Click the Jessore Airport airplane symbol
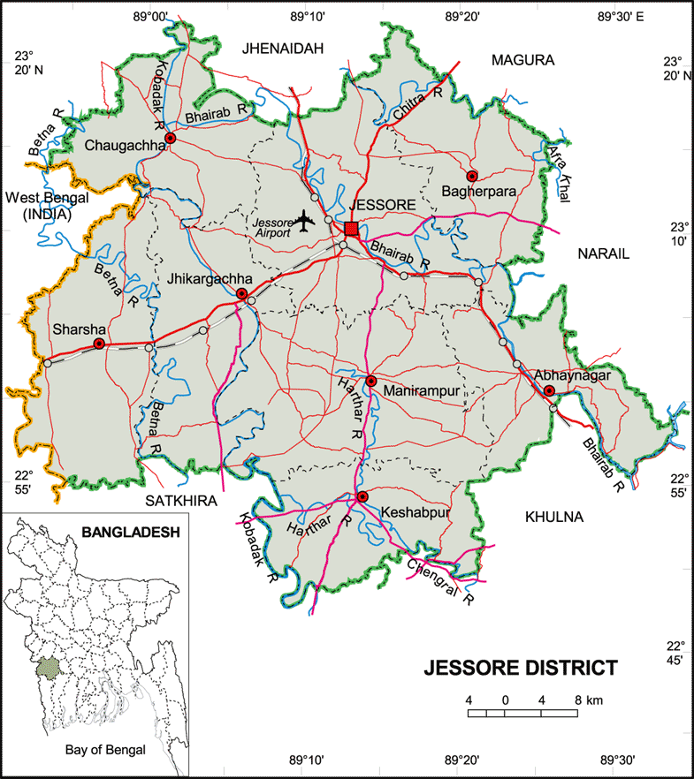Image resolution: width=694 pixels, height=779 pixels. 306,219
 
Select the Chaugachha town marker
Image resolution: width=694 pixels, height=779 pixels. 171,139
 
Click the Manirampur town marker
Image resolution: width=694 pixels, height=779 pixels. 371,382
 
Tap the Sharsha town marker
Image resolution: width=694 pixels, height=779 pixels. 100,344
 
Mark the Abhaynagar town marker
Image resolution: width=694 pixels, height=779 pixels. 549,390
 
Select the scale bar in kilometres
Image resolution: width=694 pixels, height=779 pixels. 522,711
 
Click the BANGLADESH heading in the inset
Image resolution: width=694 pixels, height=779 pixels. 129,533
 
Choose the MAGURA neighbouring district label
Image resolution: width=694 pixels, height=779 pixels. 522,60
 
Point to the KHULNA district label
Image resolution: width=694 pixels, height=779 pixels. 554,517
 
